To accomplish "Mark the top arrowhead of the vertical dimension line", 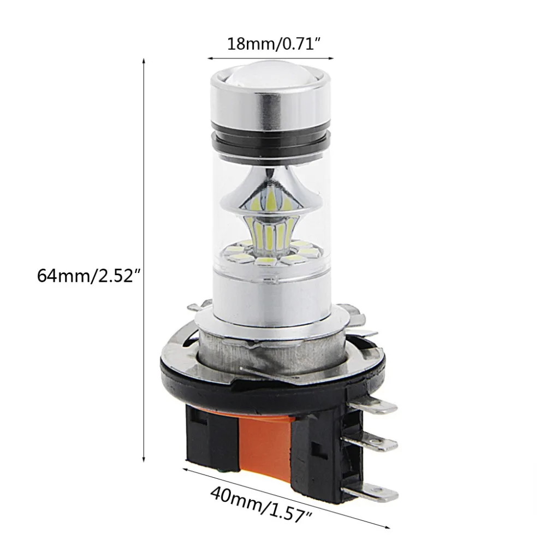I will click(144, 61).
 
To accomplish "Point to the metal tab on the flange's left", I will click(197, 306).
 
